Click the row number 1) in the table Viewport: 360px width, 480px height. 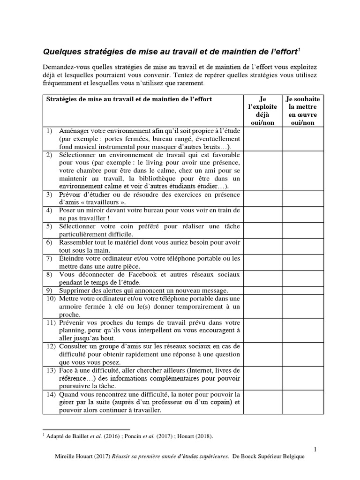pos(49,131)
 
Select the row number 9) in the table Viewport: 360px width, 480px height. pos(49,290)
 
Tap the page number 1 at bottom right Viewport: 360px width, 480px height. pos(315,449)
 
